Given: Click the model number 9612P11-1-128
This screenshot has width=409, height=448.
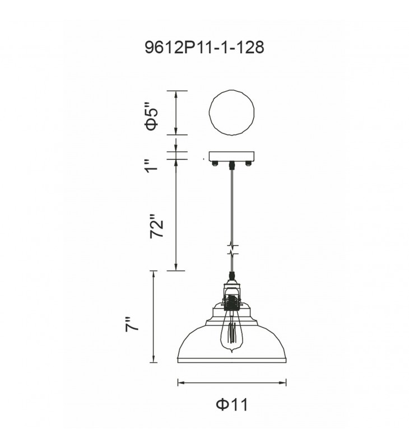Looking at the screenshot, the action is click(204, 48).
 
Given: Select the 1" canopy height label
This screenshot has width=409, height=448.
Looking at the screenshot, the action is click(151, 165).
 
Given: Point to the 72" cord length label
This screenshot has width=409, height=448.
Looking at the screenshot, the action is click(157, 226).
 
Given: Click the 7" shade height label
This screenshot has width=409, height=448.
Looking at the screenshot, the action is click(132, 324).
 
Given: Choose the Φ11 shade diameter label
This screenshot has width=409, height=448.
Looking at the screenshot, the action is click(232, 404).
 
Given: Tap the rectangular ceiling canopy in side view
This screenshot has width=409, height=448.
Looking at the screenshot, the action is click(231, 157).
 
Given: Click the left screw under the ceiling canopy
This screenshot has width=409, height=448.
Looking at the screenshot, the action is click(215, 164).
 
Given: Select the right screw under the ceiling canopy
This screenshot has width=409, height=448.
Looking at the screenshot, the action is click(248, 164).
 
